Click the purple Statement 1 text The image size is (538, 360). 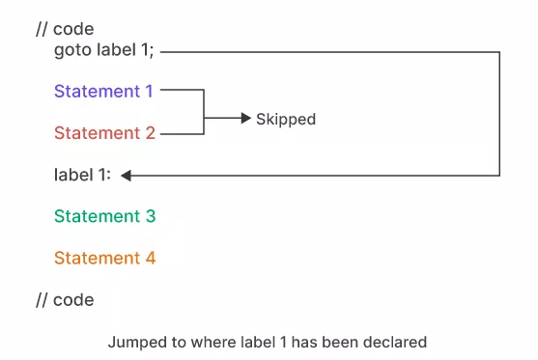[103, 92]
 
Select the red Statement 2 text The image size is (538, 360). [104, 133]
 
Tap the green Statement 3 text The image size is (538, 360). [104, 216]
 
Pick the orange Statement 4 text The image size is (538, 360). [104, 258]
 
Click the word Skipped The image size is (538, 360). [286, 120]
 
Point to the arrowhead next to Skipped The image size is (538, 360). [245, 119]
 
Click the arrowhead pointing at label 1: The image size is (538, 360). [127, 175]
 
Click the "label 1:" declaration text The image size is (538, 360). [82, 175]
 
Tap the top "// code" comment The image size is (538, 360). [65, 29]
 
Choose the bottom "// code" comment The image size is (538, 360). [65, 300]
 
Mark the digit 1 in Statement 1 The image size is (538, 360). [149, 92]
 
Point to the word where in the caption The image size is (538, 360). [205, 342]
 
